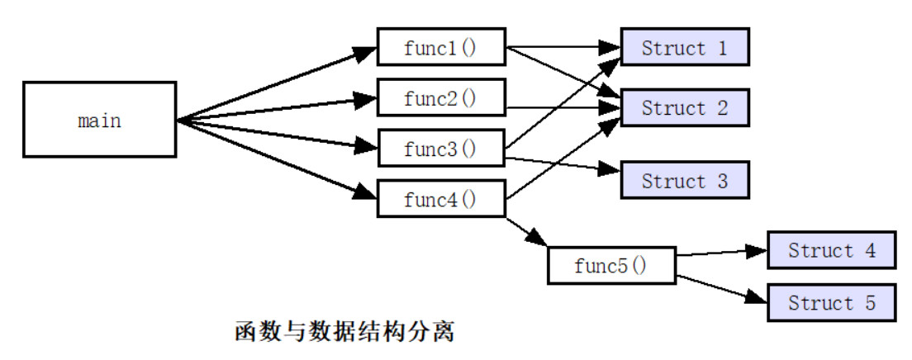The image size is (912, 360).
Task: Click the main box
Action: (99, 120)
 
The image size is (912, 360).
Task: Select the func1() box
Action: (440, 48)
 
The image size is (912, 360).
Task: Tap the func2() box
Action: (440, 98)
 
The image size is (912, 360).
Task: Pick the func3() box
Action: (440, 149)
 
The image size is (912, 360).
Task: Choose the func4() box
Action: (440, 199)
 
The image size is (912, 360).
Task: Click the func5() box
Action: (610, 266)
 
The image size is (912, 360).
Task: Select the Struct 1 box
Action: (684, 48)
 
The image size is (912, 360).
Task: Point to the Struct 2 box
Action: (684, 108)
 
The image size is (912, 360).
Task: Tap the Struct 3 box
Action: (684, 181)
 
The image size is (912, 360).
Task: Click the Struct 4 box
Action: (831, 250)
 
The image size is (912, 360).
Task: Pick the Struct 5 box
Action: (831, 303)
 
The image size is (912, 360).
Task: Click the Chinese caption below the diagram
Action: (345, 333)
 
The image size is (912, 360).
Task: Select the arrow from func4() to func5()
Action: (526, 232)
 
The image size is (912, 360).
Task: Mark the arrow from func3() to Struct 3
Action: (562, 163)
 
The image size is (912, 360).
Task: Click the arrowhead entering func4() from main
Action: (365, 193)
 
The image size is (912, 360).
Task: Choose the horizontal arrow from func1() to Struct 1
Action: (562, 48)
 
